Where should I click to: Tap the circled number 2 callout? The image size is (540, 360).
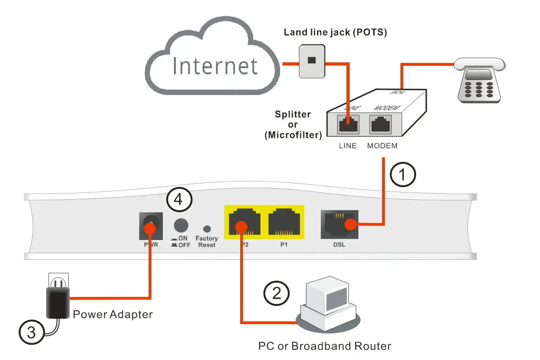[x=277, y=293]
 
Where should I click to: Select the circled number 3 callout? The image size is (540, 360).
[x=31, y=333]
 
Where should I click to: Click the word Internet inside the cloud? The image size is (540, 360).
[x=215, y=66]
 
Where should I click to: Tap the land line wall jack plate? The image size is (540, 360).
[x=312, y=61]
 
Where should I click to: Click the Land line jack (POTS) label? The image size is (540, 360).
[x=335, y=33]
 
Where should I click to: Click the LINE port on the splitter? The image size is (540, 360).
[x=347, y=124]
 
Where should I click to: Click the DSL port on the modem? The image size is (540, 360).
[x=339, y=224]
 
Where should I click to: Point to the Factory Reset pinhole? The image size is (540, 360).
[x=207, y=229]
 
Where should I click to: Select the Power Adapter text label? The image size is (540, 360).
[x=113, y=315]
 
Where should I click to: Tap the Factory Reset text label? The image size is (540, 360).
[x=207, y=241]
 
